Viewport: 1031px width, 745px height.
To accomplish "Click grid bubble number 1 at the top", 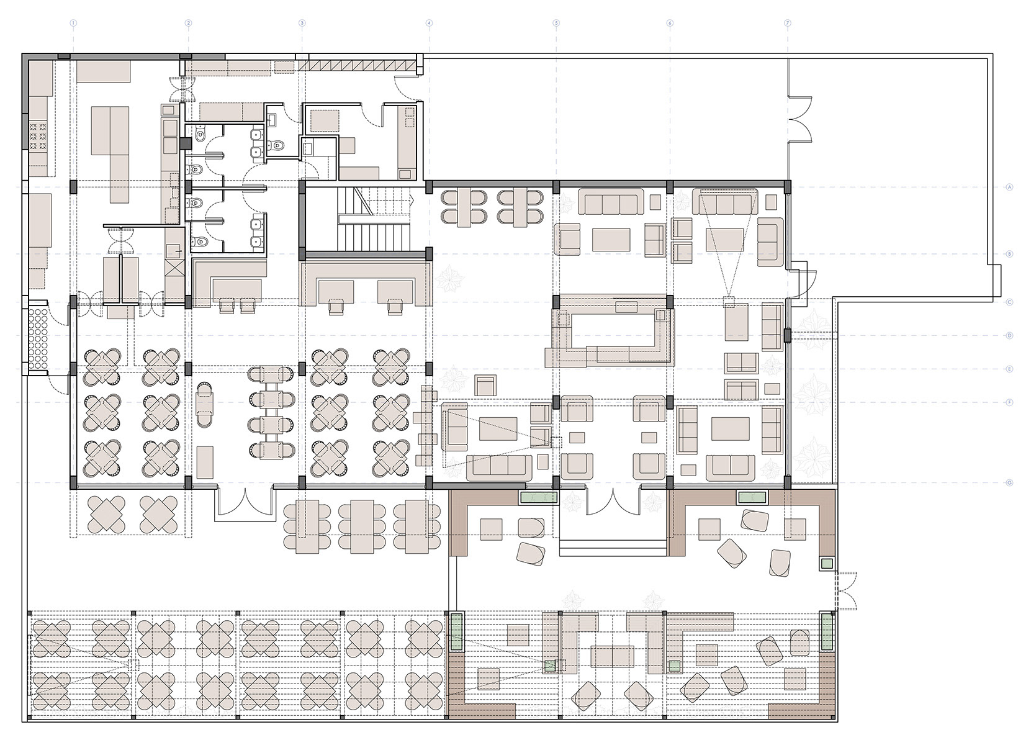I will (74, 23).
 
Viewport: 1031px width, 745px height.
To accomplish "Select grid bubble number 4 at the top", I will (428, 23).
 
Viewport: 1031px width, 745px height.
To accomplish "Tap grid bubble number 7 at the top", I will (787, 23).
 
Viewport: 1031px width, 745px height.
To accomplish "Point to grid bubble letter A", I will (1010, 186).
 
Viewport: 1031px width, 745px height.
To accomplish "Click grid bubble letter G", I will (1010, 482).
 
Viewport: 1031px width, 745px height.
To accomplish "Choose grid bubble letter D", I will (1010, 336).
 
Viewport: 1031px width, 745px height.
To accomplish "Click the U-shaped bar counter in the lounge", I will (611, 332).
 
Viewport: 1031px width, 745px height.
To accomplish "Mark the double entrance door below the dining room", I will (244, 503).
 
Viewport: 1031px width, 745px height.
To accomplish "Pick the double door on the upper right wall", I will (800, 119).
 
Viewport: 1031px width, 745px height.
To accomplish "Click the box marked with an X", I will (174, 271).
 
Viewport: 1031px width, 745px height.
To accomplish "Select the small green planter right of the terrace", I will (826, 564).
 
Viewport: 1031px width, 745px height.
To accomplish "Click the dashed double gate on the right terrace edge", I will (845, 590).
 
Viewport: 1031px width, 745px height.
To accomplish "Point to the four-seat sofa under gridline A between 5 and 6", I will (611, 202).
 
